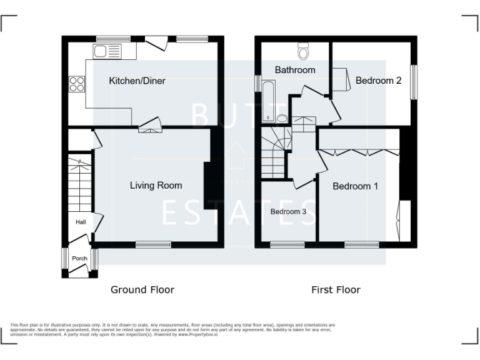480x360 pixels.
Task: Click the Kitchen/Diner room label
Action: tap(137, 81)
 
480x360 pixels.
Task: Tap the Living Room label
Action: tap(156, 185)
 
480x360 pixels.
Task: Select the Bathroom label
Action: tap(295, 70)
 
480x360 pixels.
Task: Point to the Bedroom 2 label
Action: tap(378, 80)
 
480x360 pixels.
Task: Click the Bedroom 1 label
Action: tap(355, 186)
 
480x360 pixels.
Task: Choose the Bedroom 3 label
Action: tap(288, 212)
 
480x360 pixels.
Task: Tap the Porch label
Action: tap(79, 258)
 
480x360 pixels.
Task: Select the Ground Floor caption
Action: tap(142, 289)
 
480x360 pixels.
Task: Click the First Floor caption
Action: tap(336, 289)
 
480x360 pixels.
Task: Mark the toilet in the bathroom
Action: tap(304, 49)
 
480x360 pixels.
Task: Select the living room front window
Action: tap(153, 244)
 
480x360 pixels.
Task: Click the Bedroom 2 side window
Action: tap(413, 81)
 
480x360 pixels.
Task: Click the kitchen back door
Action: tap(156, 42)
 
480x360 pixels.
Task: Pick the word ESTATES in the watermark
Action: tap(239, 212)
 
